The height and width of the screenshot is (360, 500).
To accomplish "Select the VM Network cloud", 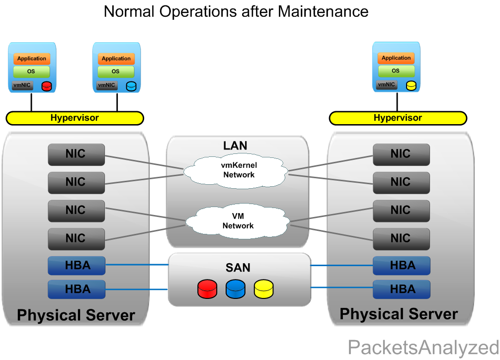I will click(238, 221).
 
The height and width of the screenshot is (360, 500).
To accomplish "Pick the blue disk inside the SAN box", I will click(236, 289).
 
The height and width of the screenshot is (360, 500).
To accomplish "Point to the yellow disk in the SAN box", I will click(264, 289).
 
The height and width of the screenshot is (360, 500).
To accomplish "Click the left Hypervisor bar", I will click(75, 118).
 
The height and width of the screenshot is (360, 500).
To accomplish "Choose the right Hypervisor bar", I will click(398, 118).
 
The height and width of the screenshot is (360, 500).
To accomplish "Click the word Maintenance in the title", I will click(323, 11).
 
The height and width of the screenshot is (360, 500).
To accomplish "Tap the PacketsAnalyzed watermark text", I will click(423, 347).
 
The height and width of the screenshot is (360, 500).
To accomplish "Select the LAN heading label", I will click(236, 145).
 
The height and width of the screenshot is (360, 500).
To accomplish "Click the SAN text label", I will click(238, 268).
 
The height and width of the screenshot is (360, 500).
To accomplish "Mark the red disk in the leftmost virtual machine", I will click(47, 86).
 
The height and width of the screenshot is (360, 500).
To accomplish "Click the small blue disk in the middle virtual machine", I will click(131, 86).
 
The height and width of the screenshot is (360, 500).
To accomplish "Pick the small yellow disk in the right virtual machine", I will click(411, 85).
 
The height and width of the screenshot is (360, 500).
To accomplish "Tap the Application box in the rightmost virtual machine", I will click(396, 58).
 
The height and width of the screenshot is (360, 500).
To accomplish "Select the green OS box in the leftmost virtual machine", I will click(32, 72).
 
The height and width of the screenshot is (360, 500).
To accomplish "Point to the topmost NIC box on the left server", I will click(76, 154).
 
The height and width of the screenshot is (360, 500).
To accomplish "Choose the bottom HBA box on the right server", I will click(402, 289).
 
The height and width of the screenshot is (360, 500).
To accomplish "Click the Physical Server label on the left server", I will click(76, 315).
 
